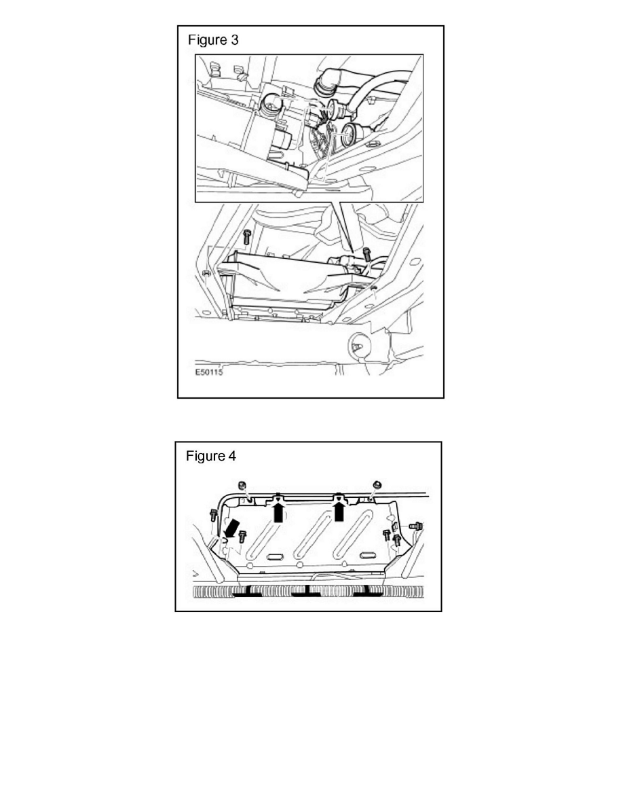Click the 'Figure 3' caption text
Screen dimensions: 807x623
[x=213, y=40]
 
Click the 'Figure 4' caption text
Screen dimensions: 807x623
[x=211, y=456]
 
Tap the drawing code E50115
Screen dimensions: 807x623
[x=210, y=373]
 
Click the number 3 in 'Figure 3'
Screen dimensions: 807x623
[x=234, y=40]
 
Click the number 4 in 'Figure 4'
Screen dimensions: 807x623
[x=232, y=456]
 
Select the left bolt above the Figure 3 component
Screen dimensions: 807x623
[x=246, y=237]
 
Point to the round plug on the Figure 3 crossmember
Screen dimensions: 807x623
[x=357, y=347]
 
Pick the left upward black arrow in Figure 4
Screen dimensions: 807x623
[x=277, y=510]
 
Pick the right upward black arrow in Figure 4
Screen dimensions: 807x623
[x=339, y=509]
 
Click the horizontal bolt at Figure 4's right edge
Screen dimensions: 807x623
[x=415, y=526]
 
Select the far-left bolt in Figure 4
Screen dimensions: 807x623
[x=213, y=516]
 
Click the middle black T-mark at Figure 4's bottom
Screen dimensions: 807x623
[x=308, y=591]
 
